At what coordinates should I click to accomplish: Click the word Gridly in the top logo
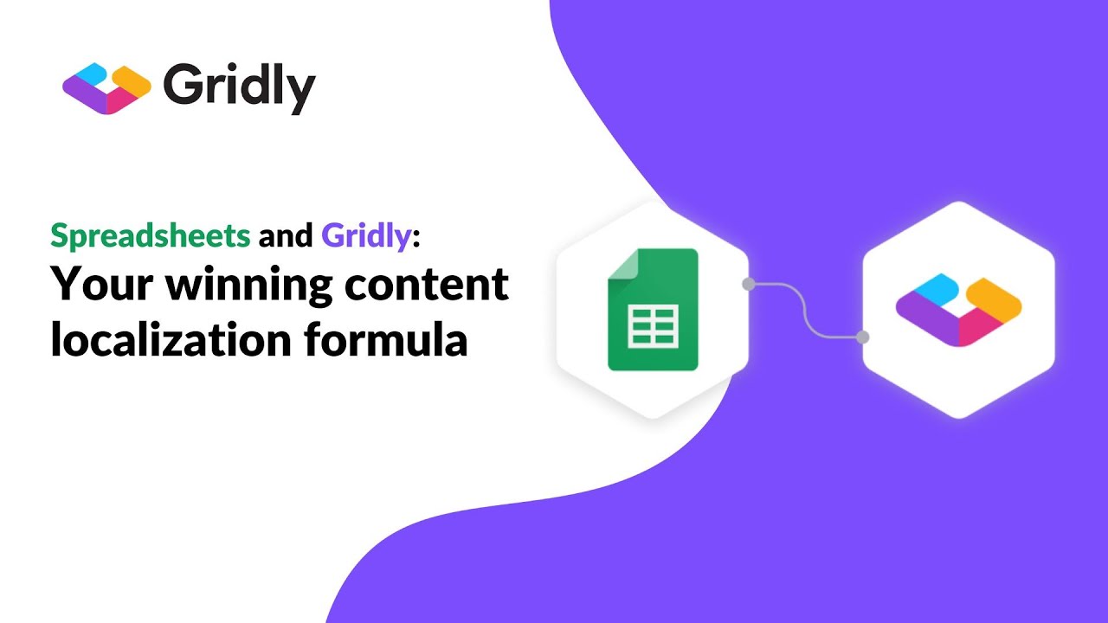pyautogui.click(x=238, y=87)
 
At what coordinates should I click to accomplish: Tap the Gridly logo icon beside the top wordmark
pyautogui.click(x=106, y=88)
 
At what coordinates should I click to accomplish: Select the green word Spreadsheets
pyautogui.click(x=151, y=234)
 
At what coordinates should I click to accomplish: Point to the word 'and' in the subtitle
pyautogui.click(x=287, y=234)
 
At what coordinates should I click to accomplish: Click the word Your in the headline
pyautogui.click(x=99, y=286)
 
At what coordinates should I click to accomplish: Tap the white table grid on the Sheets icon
pyautogui.click(x=653, y=326)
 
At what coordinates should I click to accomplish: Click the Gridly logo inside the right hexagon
pyautogui.click(x=958, y=309)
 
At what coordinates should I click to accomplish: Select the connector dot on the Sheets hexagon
pyautogui.click(x=748, y=283)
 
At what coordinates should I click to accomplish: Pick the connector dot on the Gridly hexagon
pyautogui.click(x=862, y=337)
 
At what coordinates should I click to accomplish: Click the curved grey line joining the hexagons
pyautogui.click(x=806, y=310)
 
